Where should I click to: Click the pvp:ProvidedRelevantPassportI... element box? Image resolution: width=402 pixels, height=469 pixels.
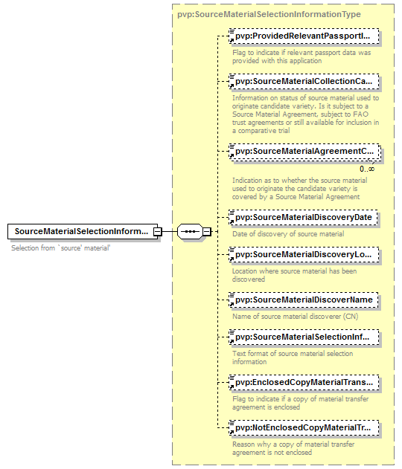tap(304, 36)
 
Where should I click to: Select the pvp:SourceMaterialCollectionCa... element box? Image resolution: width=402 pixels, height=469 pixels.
tap(304, 82)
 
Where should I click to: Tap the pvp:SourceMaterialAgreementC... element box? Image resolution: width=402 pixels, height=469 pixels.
tap(305, 152)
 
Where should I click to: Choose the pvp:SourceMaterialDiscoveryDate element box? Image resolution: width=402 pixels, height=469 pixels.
tap(303, 218)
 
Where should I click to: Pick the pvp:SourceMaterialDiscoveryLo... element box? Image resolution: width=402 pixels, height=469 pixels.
tap(304, 254)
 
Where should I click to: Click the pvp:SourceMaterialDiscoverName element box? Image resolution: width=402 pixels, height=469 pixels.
tap(304, 300)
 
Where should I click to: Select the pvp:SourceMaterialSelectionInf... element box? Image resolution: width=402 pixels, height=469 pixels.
tap(304, 337)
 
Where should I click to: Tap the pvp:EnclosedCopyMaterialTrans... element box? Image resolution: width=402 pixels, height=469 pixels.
tap(304, 383)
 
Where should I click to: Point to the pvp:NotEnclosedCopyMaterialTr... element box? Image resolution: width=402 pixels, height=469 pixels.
tap(304, 428)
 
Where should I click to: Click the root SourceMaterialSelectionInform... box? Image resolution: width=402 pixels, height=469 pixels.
tap(83, 231)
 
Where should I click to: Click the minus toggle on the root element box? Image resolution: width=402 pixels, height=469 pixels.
tap(158, 231)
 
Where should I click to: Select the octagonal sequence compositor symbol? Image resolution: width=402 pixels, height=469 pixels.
tap(191, 231)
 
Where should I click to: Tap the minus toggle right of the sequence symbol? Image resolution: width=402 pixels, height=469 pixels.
tap(207, 231)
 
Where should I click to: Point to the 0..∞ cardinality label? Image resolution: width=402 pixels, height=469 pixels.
tap(367, 169)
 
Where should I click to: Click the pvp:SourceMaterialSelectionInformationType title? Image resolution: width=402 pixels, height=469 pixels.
tap(269, 14)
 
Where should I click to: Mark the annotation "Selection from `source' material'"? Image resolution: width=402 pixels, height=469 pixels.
tap(61, 248)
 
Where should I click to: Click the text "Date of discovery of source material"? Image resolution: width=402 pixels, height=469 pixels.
tap(288, 234)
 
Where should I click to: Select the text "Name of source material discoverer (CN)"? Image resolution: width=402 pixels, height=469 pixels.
tap(296, 317)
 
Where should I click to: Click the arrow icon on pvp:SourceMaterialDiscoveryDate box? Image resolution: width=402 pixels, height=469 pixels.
tap(232, 222)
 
